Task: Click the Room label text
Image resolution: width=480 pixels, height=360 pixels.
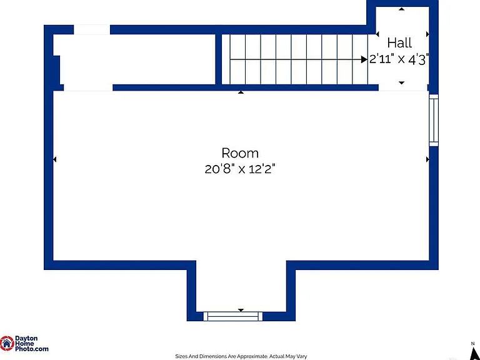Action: coord(240,152)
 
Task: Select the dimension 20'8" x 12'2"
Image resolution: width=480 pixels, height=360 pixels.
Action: coord(240,169)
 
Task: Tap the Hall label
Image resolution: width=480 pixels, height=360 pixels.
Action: coord(399,43)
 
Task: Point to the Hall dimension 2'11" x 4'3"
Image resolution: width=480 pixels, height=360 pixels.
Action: coord(399,59)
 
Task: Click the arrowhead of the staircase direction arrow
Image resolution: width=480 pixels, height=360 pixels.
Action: coord(364,59)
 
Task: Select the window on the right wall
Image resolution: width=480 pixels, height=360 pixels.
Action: coord(434,120)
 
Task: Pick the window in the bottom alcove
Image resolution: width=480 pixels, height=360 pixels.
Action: coord(233,316)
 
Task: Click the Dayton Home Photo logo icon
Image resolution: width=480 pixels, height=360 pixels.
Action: coord(7,343)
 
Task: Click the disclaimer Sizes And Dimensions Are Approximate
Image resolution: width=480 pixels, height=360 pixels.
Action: coord(222,356)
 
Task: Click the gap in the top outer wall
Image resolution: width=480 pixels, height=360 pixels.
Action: coord(92,29)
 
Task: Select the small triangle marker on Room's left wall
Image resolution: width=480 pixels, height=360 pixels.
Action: coord(55,159)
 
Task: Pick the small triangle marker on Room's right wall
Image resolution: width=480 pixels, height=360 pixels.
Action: coord(427,159)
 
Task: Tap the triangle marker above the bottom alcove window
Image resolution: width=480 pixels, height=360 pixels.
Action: coord(241,311)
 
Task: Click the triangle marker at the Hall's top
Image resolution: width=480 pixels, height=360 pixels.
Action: coord(401,9)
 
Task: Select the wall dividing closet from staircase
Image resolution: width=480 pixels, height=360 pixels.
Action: coord(219,59)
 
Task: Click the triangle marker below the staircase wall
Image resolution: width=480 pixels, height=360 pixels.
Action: coord(241,92)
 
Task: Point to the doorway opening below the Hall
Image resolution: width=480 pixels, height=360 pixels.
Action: coord(403,87)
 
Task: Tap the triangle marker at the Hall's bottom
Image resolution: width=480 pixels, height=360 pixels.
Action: coord(402,82)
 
